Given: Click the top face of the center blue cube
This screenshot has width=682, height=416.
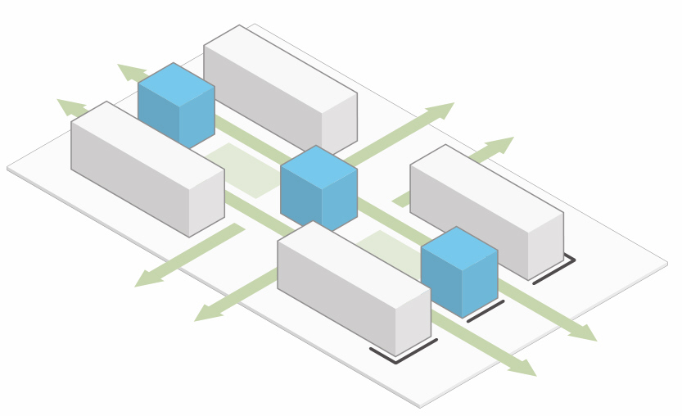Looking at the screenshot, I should tap(318, 167).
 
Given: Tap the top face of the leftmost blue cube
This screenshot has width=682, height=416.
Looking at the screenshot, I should tap(176, 84).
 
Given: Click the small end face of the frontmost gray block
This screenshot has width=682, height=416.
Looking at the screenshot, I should tap(413, 320).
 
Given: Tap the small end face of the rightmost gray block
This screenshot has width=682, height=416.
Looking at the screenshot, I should tap(545, 245).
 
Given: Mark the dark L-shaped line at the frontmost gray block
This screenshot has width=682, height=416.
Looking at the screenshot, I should tap(402, 355).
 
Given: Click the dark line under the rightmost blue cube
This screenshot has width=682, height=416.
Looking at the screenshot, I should tap(486, 311).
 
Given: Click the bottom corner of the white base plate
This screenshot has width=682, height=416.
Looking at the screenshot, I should tap(420, 404).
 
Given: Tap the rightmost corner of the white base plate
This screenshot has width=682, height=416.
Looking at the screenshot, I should tap(667, 263).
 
